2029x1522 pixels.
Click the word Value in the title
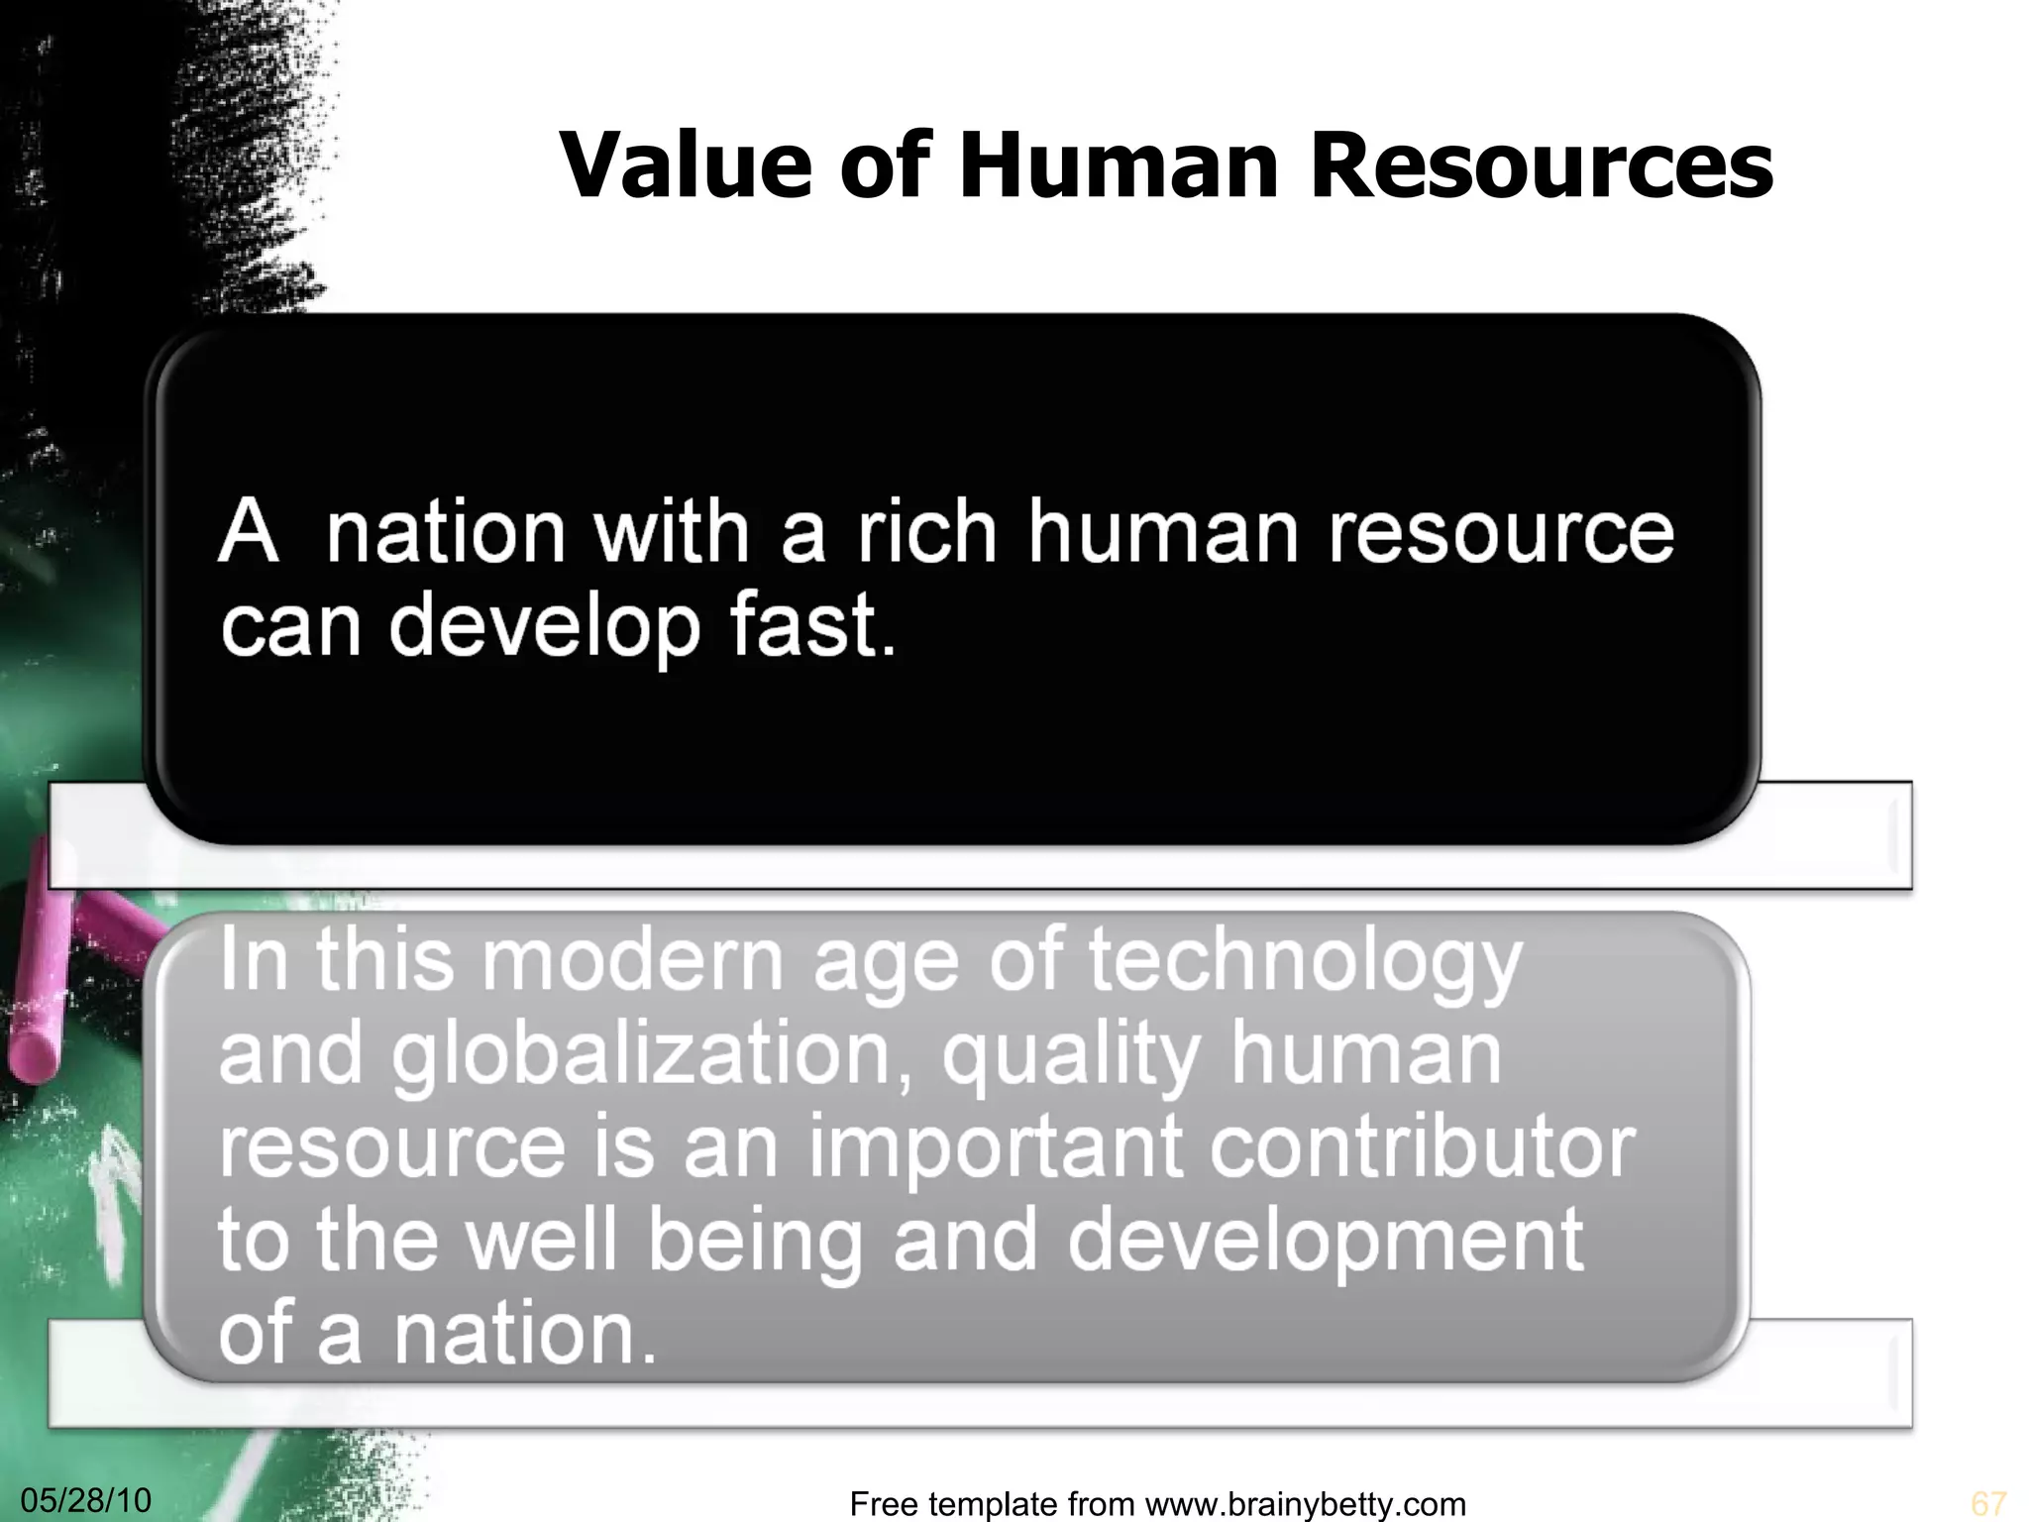(684, 164)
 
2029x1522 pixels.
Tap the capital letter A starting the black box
(247, 532)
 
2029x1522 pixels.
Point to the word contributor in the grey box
(1423, 1146)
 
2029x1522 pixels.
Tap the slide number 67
(1988, 1503)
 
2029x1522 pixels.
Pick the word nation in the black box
(445, 532)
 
